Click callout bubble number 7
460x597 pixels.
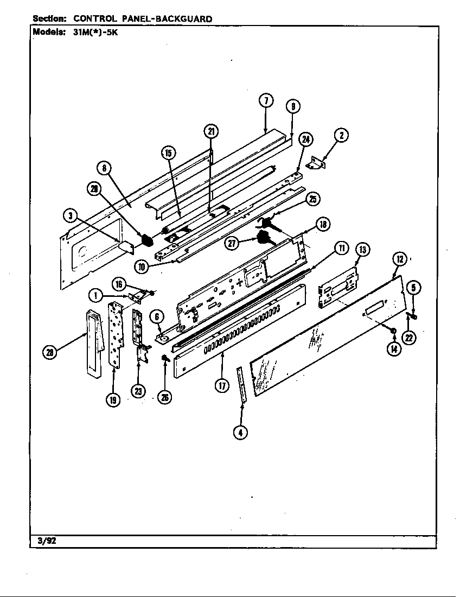(x=265, y=101)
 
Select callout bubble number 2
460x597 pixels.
(x=341, y=135)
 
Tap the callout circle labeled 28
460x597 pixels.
(x=50, y=352)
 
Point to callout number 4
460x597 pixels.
(x=240, y=432)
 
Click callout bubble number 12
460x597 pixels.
(x=399, y=259)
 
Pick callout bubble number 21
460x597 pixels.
(x=211, y=131)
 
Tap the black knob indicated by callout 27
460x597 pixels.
(x=264, y=238)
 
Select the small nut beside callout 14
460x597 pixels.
(x=393, y=331)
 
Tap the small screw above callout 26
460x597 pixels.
(x=163, y=358)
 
